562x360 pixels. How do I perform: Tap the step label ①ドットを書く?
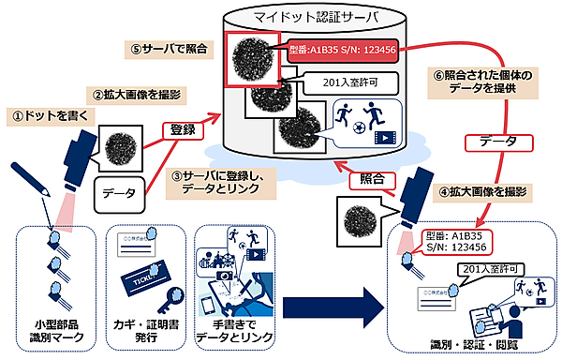coord(46,117)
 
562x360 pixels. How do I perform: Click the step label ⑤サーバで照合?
coord(160,47)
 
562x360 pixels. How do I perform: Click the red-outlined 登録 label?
coord(184,130)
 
